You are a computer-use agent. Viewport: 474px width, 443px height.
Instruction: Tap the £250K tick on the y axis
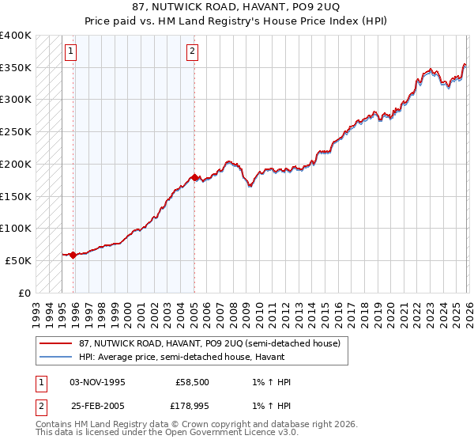(15, 131)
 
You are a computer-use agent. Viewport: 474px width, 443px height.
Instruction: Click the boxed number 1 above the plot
(71, 52)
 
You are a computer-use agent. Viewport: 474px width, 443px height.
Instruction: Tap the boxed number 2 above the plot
(192, 52)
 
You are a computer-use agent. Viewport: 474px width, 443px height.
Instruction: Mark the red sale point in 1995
(73, 255)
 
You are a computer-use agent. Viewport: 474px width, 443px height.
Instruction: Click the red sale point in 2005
(194, 177)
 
